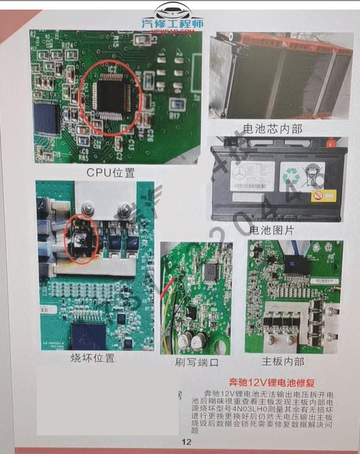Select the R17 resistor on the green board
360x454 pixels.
click(175, 116)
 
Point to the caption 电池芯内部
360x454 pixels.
click(273, 129)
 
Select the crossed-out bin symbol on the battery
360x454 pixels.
click(313, 176)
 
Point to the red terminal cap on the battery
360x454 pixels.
click(331, 142)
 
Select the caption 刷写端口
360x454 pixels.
click(196, 362)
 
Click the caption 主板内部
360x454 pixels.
click(283, 362)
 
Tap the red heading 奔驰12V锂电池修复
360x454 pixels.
click(271, 382)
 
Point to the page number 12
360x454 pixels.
click(186, 442)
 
